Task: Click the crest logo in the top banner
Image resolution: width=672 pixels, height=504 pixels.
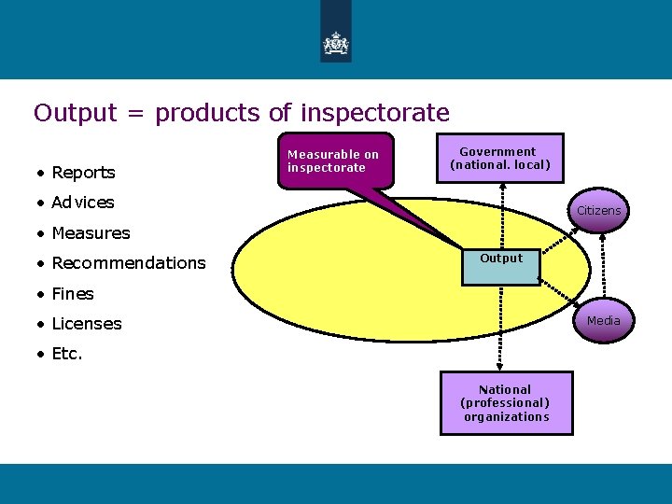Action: pyautogui.click(x=335, y=43)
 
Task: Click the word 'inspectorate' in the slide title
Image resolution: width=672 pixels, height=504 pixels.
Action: pyautogui.click(x=374, y=114)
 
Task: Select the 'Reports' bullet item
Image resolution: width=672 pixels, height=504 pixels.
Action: pyautogui.click(x=83, y=173)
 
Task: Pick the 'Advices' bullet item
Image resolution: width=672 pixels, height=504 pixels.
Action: pyautogui.click(x=83, y=203)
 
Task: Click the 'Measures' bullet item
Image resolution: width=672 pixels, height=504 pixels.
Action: pyautogui.click(x=91, y=233)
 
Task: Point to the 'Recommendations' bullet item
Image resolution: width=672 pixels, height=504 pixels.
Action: pyautogui.click(x=128, y=263)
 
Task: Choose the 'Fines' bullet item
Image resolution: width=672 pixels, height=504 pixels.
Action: pyautogui.click(x=73, y=294)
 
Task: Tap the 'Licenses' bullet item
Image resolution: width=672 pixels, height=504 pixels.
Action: pyautogui.click(x=87, y=324)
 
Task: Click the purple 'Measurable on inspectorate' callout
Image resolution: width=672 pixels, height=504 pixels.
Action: pyautogui.click(x=333, y=161)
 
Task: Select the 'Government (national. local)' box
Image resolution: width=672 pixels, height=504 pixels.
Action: pyautogui.click(x=500, y=159)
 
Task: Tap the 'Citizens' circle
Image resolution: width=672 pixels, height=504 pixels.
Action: pyautogui.click(x=598, y=211)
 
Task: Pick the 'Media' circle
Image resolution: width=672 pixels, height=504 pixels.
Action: pyautogui.click(x=603, y=321)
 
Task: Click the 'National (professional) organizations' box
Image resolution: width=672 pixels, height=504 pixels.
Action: pyautogui.click(x=505, y=403)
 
